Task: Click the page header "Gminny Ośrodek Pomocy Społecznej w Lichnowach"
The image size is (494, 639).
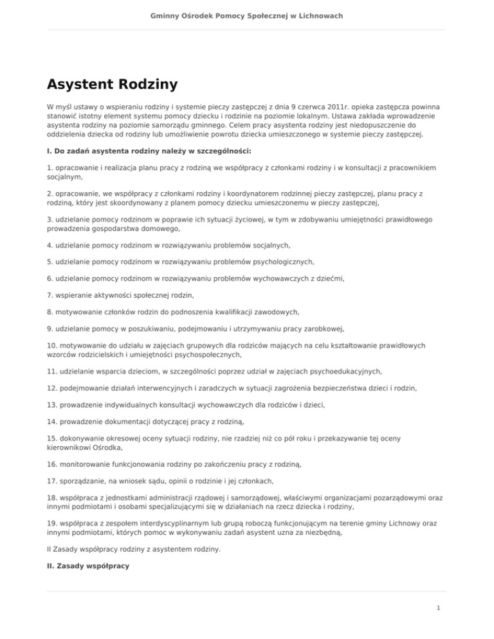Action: [247, 14]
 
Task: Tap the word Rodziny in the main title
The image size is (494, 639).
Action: [149, 84]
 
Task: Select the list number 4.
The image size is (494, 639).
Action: [50, 245]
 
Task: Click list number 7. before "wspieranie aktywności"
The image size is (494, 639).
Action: [50, 295]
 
